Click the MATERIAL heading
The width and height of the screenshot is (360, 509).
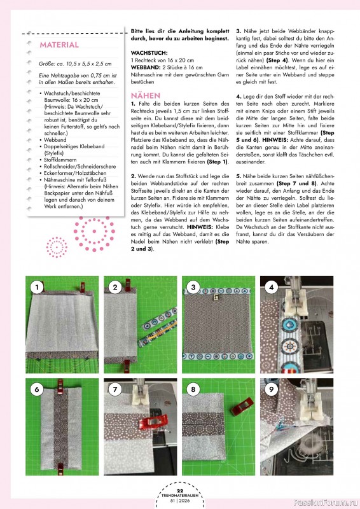pos(59,45)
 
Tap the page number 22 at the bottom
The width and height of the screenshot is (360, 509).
pos(179,490)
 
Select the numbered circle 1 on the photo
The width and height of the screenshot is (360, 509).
pos(38,288)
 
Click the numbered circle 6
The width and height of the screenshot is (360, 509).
pos(38,389)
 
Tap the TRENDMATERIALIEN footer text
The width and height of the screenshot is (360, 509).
pos(179,496)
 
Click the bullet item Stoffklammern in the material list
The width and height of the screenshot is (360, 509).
pos(63,159)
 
